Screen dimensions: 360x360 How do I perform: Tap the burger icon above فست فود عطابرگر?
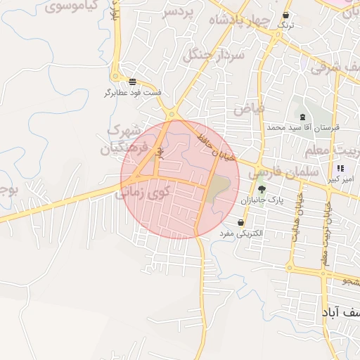pyautogui.click(x=133, y=81)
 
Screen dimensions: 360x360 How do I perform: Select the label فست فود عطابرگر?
pyautogui.click(x=133, y=92)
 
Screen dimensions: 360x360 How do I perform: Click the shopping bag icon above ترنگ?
pyautogui.click(x=286, y=15)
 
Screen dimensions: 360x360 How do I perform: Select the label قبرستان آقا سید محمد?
pyautogui.click(x=303, y=128)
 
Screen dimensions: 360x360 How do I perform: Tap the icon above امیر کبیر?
pyautogui.click(x=341, y=169)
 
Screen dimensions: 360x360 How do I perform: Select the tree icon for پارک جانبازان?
pyautogui.click(x=262, y=188)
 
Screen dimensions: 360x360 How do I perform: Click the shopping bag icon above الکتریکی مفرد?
pyautogui.click(x=241, y=222)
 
